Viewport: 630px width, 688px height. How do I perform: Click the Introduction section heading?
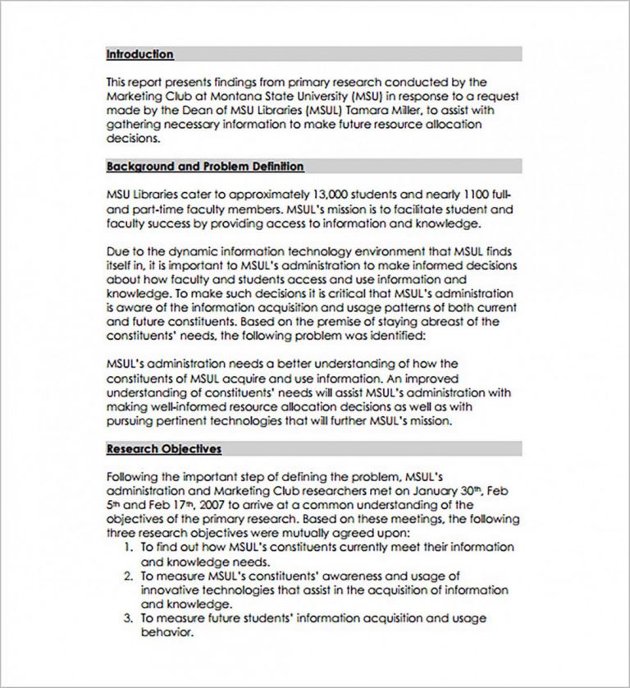[139, 54]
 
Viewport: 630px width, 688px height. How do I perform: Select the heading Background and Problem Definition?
[205, 166]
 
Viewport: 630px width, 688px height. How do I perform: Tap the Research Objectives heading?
[163, 449]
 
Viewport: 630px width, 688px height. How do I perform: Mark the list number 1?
[128, 547]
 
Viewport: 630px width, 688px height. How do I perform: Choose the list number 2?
[128, 576]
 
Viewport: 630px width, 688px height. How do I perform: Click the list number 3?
[128, 618]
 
